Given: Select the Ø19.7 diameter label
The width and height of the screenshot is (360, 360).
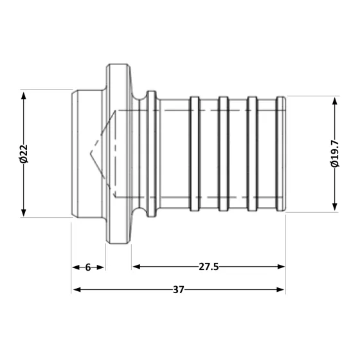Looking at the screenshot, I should tap(335, 154).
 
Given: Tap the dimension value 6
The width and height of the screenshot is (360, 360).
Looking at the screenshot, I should tap(87, 267).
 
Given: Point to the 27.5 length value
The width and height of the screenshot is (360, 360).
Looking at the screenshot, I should tap(209, 267).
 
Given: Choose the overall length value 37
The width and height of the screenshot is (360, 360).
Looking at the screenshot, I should tap(178, 290).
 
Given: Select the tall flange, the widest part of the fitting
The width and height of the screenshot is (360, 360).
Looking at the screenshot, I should tap(119, 154).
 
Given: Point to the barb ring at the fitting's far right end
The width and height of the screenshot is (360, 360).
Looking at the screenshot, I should tap(281, 154).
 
